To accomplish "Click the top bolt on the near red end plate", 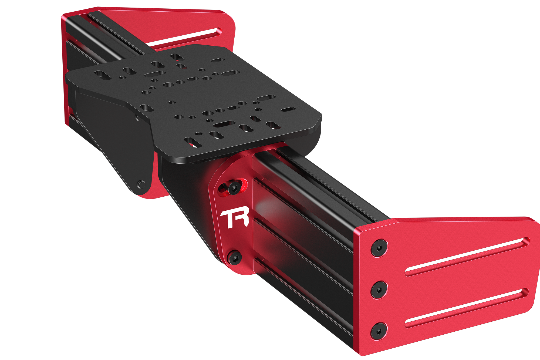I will [x=379, y=248].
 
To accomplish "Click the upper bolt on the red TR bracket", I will [x=234, y=187].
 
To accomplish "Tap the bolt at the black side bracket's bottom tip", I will [x=141, y=184].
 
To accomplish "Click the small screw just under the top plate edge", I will [x=137, y=117].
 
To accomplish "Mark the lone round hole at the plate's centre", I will [x=172, y=103].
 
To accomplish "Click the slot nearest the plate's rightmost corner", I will [x=288, y=109].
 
